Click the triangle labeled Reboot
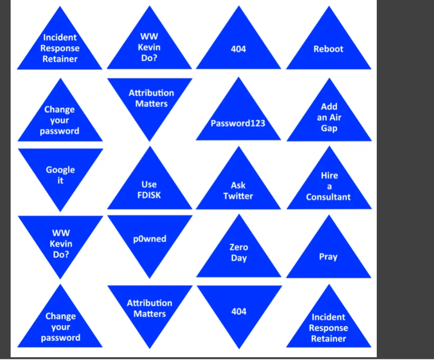pos(328,49)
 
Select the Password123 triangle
pos(238,123)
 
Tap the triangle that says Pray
pos(328,256)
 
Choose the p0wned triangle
pos(150,239)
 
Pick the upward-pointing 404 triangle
pos(238,49)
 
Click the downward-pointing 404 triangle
pos(239,311)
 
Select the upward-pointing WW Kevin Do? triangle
pos(150,48)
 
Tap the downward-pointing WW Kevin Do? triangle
pos(60,244)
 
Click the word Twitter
pos(238,196)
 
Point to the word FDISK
pos(149,195)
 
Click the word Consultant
pos(328,197)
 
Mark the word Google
pos(60,170)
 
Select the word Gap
pos(329,128)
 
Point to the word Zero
pos(239,247)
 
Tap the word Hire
pos(329,176)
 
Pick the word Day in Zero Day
pos(239,258)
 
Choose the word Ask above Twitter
pos(238,185)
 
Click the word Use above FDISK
pos(149,184)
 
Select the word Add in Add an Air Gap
pos(329,106)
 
